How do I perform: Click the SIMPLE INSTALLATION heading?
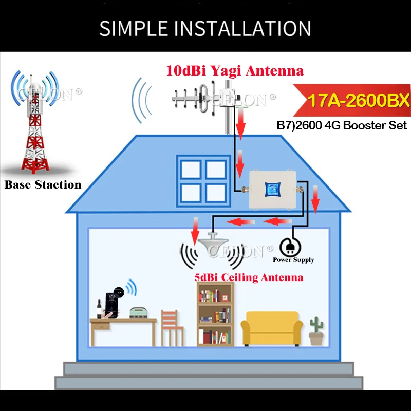pyautogui.click(x=206, y=28)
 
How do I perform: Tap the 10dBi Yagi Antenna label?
pyautogui.click(x=234, y=70)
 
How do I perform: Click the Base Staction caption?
pyautogui.click(x=43, y=184)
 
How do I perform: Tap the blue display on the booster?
pyautogui.click(x=270, y=189)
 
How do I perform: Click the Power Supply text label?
pyautogui.click(x=293, y=260)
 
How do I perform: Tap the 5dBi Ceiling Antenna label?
pyautogui.click(x=249, y=277)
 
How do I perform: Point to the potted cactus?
pyautogui.click(x=316, y=332)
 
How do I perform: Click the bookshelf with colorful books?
pyautogui.click(x=215, y=315)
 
